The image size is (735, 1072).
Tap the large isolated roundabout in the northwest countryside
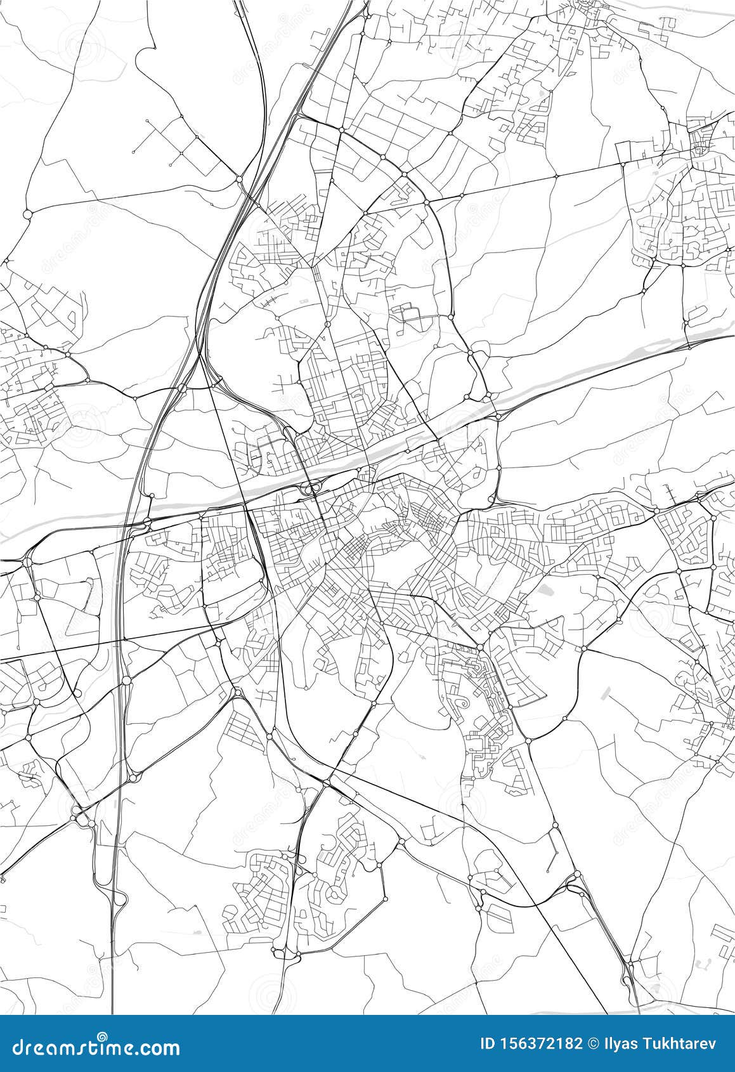click(x=27, y=214)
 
